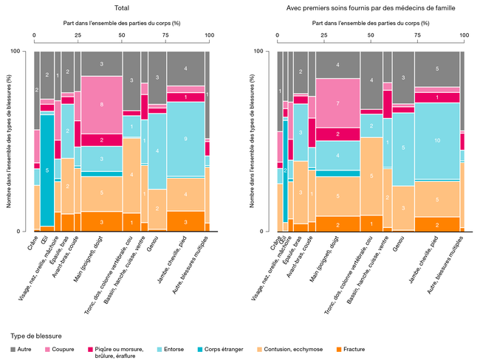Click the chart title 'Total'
123,8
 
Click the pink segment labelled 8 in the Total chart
102,105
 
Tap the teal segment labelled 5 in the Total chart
47,170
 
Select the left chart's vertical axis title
9,141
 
